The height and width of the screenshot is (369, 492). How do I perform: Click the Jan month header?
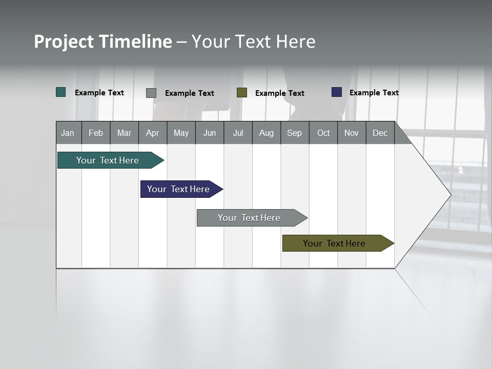[x=68, y=133]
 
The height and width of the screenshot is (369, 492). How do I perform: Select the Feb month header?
[x=96, y=133]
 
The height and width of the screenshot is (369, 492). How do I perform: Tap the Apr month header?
[x=153, y=133]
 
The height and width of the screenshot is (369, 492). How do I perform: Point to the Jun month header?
[x=210, y=133]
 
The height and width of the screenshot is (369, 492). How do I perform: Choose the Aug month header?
[x=266, y=133]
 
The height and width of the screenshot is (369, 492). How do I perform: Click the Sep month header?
[x=295, y=133]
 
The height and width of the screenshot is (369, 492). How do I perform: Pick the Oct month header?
[x=323, y=133]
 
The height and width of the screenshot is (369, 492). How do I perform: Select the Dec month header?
[x=380, y=133]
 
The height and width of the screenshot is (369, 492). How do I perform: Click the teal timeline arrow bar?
[x=108, y=160]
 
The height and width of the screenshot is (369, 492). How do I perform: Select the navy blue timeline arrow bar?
[x=179, y=189]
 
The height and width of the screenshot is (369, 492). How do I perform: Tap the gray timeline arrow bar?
[x=250, y=218]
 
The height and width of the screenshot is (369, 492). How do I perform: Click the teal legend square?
[x=61, y=92]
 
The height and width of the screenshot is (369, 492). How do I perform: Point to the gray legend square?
[x=151, y=93]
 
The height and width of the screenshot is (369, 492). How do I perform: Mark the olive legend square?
[x=242, y=93]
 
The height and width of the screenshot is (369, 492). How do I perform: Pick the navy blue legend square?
[x=337, y=92]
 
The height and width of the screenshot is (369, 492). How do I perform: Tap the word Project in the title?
[x=64, y=42]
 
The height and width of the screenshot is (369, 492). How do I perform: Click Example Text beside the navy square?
[x=374, y=93]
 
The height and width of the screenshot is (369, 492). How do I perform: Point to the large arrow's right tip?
[x=449, y=195]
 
